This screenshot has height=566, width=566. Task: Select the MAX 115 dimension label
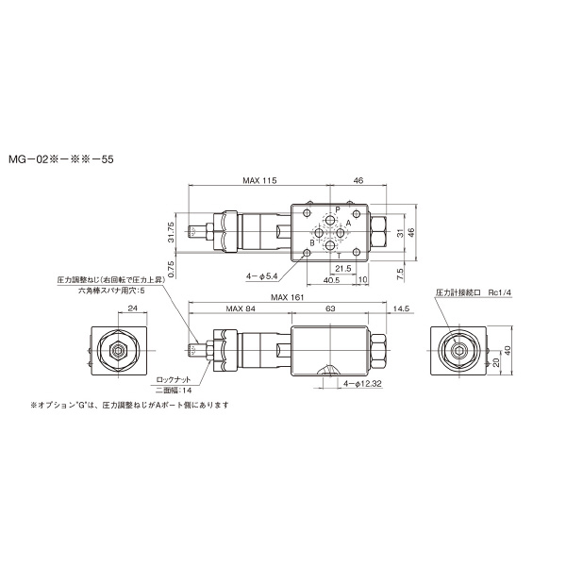[x=258, y=179]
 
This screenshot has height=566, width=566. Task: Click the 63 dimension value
[x=330, y=308]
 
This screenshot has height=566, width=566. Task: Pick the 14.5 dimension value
[x=400, y=308]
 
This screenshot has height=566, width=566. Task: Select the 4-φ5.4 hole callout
[x=261, y=275]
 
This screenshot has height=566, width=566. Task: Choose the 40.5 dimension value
[x=332, y=279]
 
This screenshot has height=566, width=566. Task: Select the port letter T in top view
[x=340, y=256]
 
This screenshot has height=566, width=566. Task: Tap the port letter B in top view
[x=312, y=242]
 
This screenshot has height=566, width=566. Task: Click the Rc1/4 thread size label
[x=499, y=292]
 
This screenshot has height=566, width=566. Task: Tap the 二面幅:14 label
[x=174, y=390]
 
